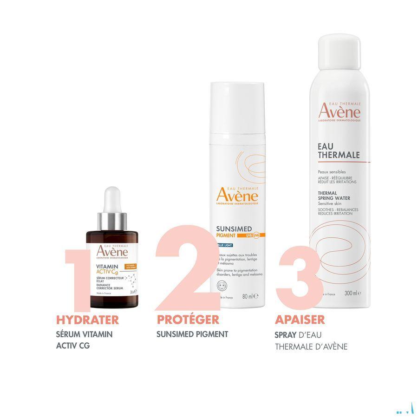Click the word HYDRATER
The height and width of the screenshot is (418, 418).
click(87, 320)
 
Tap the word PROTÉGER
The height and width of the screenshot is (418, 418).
click(188, 320)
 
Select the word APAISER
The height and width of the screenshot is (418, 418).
click(300, 320)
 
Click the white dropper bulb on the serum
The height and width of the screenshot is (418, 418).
click(112, 199)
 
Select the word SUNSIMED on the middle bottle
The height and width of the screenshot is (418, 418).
click(235, 229)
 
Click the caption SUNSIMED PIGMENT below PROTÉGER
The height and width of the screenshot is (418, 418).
click(192, 334)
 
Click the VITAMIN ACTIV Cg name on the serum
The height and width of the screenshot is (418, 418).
click(106, 269)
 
